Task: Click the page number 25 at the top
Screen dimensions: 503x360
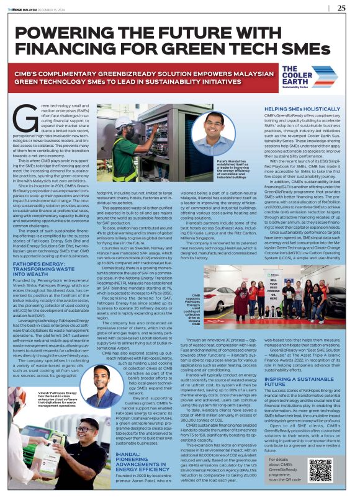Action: (341, 8)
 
